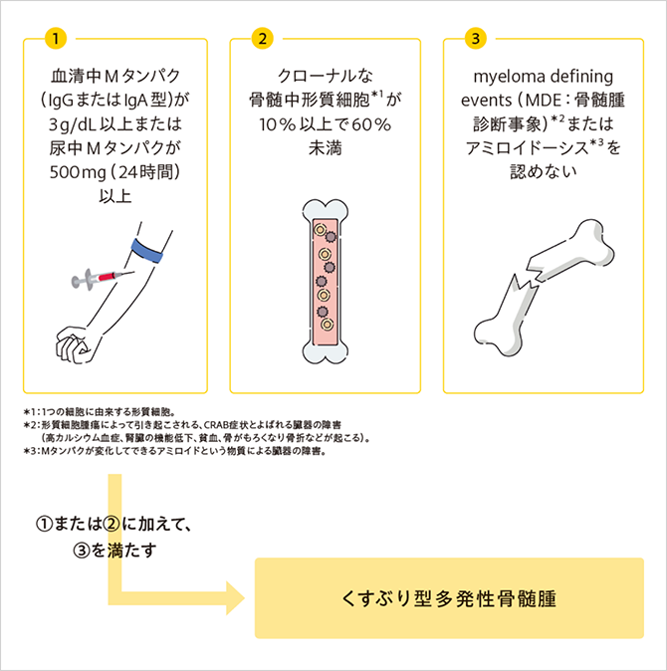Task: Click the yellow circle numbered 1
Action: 57,39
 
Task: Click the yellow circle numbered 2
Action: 263,39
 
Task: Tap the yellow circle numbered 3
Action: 476,39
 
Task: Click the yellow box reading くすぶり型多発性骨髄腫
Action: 449,598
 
